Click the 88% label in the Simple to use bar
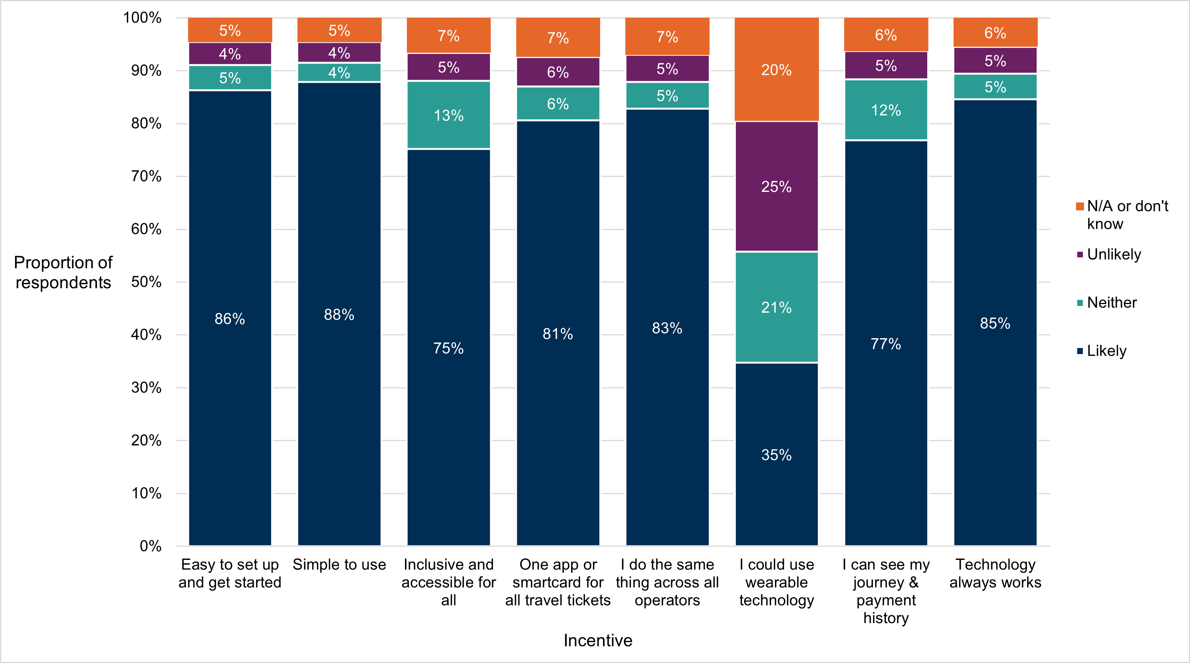coord(339,315)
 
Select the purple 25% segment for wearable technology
coord(776,187)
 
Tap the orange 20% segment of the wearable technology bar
coord(776,70)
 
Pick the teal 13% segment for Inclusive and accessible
coord(448,115)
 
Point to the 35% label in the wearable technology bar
coord(776,455)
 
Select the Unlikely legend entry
coord(1113,254)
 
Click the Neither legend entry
coord(1111,303)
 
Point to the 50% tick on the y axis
coord(146,282)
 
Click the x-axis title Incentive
coord(598,640)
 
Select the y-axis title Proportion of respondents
coord(63,272)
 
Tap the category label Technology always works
coord(995,573)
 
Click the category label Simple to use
coord(339,564)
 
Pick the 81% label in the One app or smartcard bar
coord(558,334)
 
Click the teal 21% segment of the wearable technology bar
coord(776,307)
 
